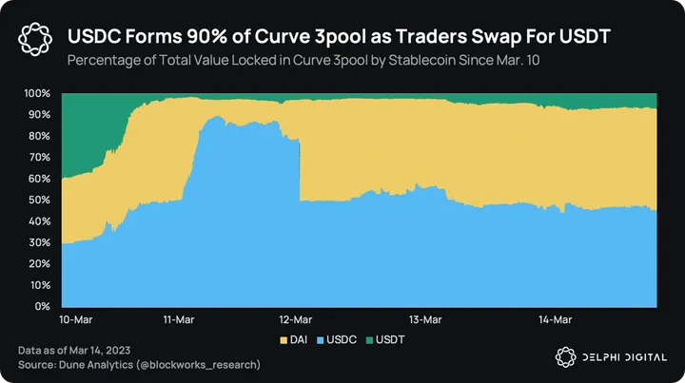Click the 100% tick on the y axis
37,94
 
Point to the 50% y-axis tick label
39,201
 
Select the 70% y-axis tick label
39,158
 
